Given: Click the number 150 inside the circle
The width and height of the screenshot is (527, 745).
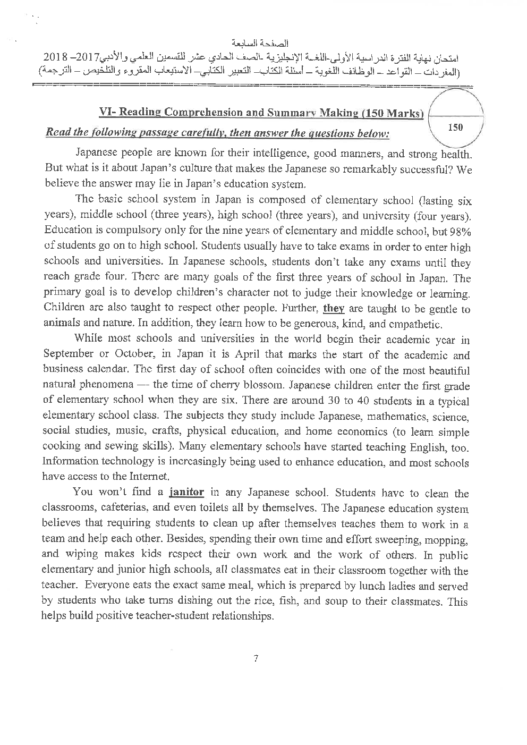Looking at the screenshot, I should coord(455,128).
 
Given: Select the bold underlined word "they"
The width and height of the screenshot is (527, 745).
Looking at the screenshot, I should coord(334,309).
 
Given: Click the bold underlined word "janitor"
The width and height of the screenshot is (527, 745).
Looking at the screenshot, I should coord(186,492).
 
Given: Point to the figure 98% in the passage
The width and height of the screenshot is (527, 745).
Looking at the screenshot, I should coord(460,231).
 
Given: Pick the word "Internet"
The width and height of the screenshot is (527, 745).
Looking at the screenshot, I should coord(150,477).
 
